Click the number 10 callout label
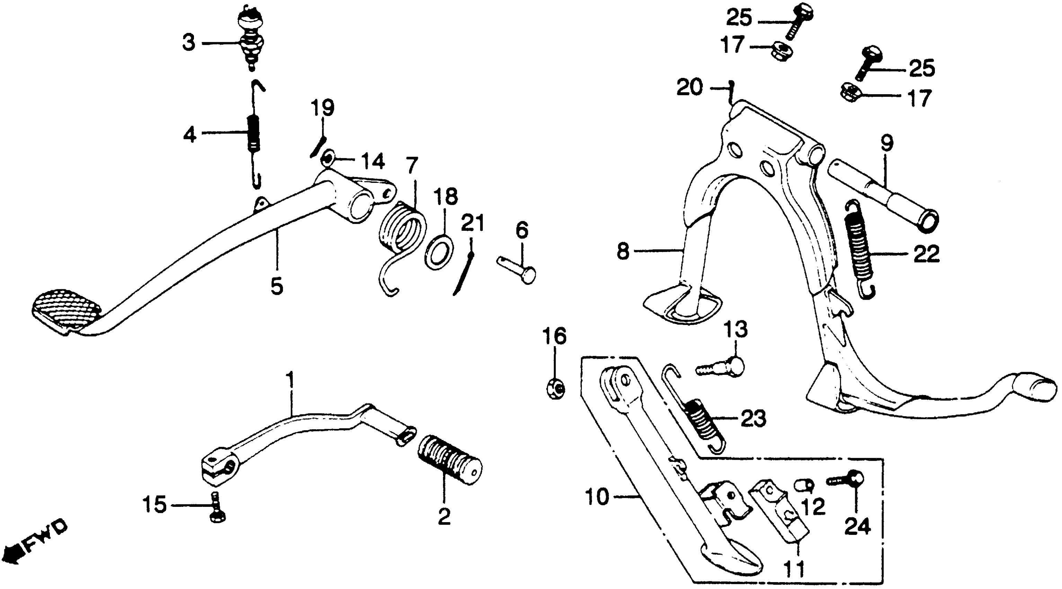[x=597, y=498]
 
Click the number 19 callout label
[x=322, y=108]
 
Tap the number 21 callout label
[x=472, y=223]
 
